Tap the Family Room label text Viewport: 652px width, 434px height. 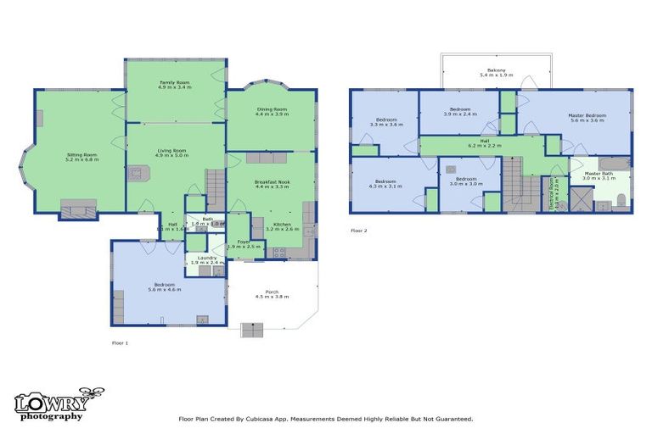click(x=176, y=84)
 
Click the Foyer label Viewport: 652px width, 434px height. click(x=243, y=242)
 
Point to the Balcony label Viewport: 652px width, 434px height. click(x=497, y=72)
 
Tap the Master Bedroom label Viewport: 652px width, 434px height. click(x=587, y=117)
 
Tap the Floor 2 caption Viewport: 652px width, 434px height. click(x=359, y=231)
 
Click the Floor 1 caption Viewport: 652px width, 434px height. click(x=120, y=343)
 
